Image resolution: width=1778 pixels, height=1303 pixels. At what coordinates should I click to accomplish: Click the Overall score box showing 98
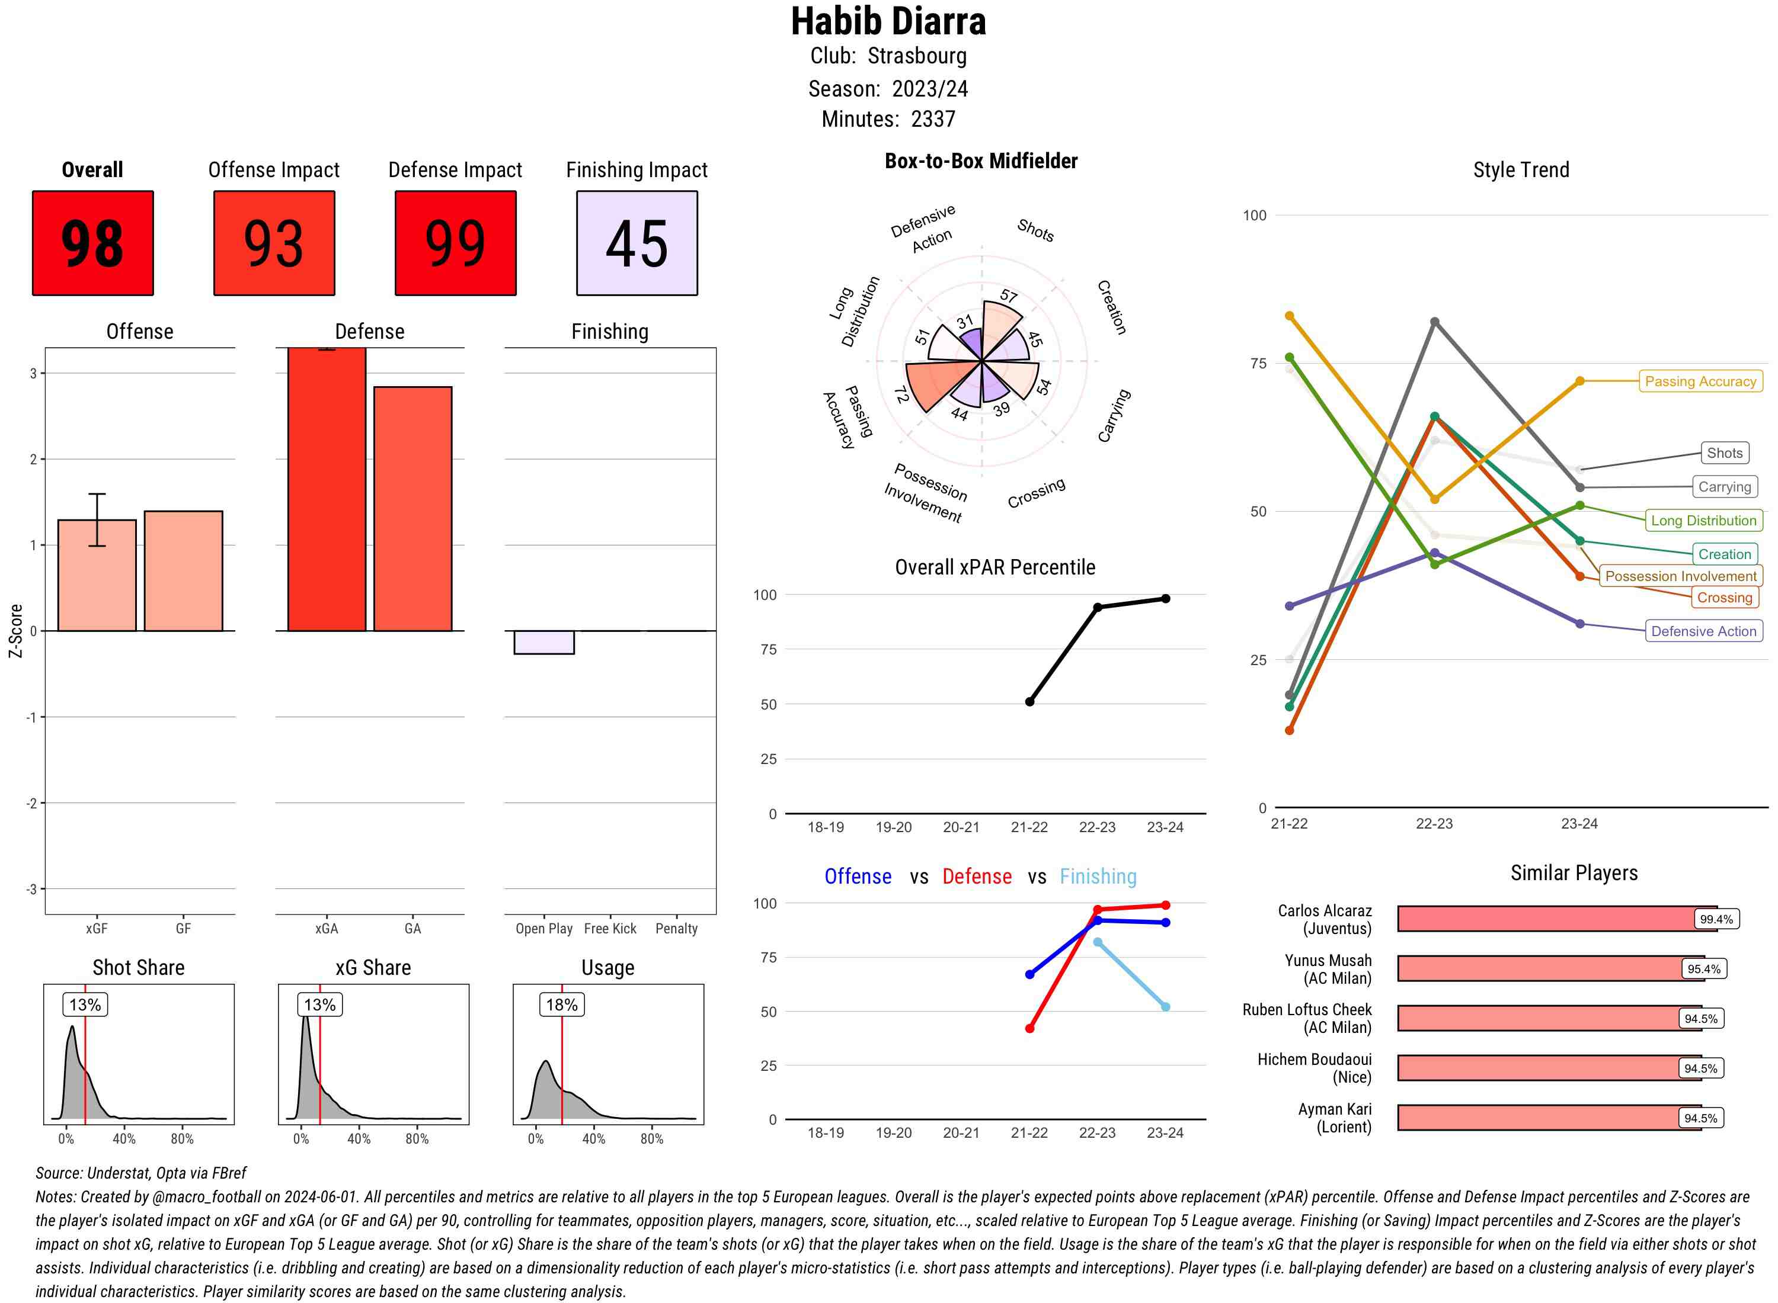coord(92,243)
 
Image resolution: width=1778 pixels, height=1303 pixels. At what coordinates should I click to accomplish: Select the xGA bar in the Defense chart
coord(326,489)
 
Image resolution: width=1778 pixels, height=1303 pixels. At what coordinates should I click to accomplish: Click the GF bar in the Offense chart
coord(183,571)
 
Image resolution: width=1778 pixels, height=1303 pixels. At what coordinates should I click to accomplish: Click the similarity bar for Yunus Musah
coord(1539,968)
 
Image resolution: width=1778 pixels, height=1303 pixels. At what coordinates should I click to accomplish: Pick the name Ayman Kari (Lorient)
coord(1335,1118)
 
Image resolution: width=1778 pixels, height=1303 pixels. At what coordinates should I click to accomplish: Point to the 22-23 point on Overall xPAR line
coord(1097,607)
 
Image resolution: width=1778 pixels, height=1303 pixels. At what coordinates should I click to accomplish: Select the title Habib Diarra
coord(888,21)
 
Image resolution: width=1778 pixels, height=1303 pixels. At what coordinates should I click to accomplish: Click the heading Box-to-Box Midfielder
coord(980,162)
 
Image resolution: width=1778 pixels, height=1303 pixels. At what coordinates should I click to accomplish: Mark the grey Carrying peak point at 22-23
coord(1434,322)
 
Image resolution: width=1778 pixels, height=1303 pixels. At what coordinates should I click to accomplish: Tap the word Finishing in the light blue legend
coord(1098,877)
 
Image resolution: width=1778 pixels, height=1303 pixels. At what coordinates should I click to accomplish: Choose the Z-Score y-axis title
coord(15,631)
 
